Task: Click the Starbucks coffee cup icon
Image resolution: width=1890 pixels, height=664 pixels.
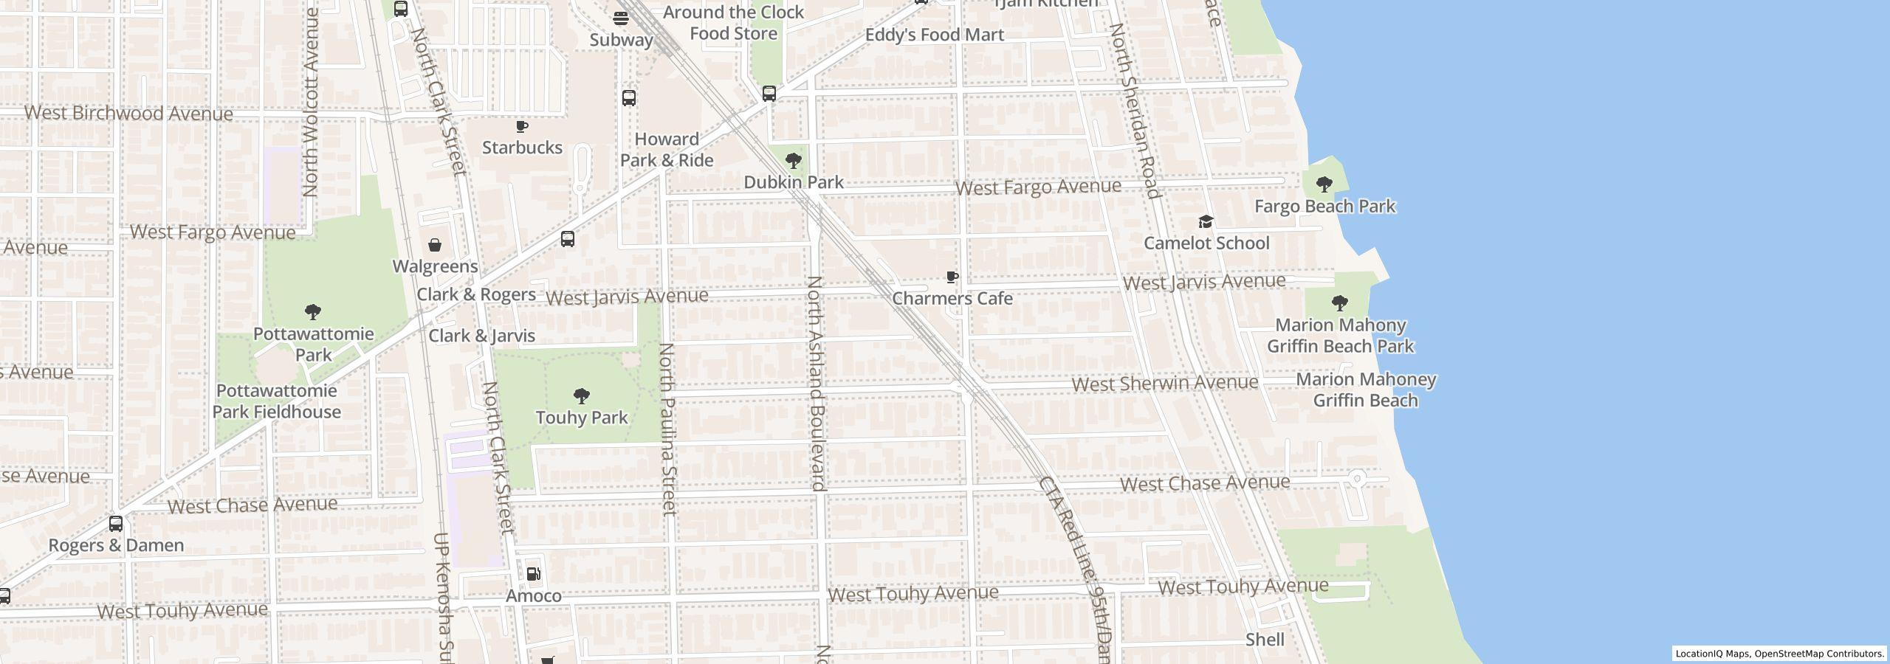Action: [x=522, y=127]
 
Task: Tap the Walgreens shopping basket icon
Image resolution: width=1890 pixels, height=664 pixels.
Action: [x=435, y=245]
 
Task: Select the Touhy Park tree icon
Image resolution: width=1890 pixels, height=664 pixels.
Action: [x=582, y=396]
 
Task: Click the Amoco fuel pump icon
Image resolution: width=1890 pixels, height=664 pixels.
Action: [x=533, y=574]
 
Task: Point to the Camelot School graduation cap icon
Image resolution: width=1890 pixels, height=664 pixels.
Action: [x=1206, y=221]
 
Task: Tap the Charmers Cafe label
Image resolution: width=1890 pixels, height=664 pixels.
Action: [x=952, y=298]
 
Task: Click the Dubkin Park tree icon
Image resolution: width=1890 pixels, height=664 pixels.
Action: [x=794, y=160]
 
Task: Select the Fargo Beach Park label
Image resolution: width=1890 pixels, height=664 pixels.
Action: [x=1324, y=206]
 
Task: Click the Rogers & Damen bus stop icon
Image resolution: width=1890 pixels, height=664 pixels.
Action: [x=116, y=524]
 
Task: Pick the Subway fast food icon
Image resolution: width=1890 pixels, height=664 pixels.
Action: [x=621, y=18]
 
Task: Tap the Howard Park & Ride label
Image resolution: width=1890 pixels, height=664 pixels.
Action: [x=667, y=150]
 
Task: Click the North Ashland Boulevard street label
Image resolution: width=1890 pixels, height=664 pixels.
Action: [x=815, y=384]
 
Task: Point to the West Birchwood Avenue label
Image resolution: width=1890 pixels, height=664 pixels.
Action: [x=128, y=113]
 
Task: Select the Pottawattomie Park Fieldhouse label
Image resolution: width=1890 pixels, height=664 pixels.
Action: [x=277, y=401]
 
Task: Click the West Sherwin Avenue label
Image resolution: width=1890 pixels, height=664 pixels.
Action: [x=1164, y=383]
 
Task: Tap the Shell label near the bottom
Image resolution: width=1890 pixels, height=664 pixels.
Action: [x=1265, y=640]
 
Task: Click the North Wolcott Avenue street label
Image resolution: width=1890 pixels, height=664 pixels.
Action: [x=310, y=102]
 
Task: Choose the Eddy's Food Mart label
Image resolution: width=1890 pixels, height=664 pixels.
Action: [x=934, y=35]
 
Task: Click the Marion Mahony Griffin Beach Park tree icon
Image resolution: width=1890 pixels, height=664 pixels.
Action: [x=1339, y=302]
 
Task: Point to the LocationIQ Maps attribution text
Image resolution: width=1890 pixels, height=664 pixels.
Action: [x=1779, y=654]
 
